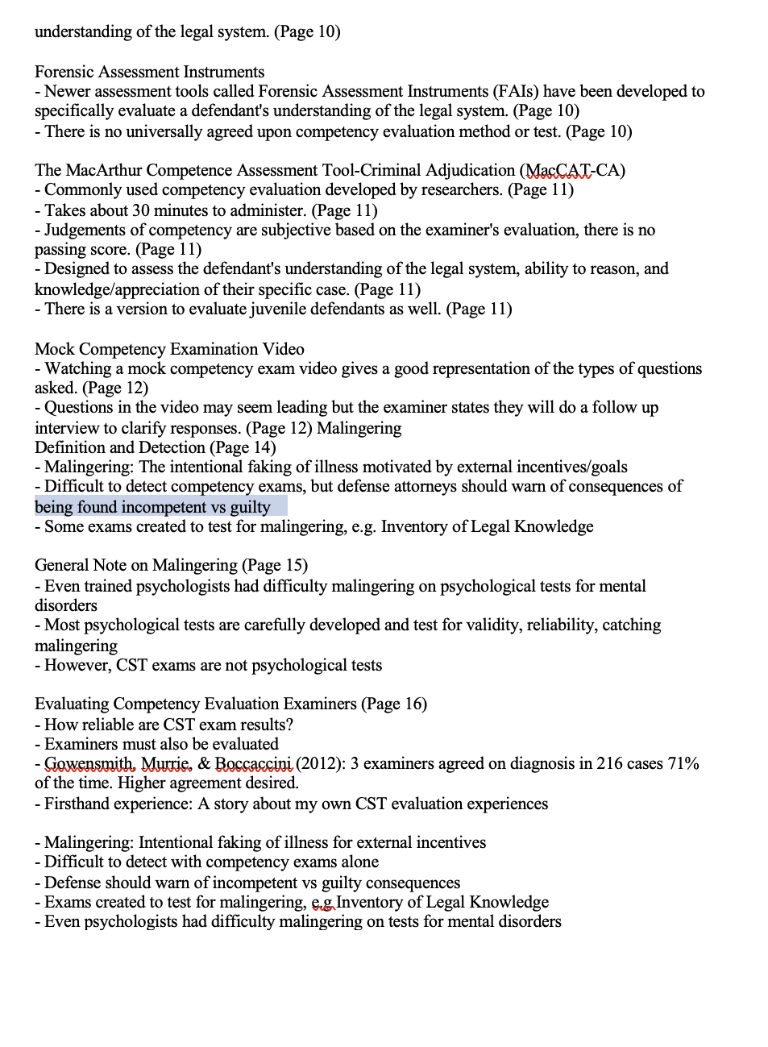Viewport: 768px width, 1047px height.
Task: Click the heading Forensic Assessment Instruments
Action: click(x=149, y=72)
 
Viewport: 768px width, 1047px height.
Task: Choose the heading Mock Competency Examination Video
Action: click(x=169, y=349)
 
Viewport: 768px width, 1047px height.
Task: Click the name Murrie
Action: click(x=166, y=763)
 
